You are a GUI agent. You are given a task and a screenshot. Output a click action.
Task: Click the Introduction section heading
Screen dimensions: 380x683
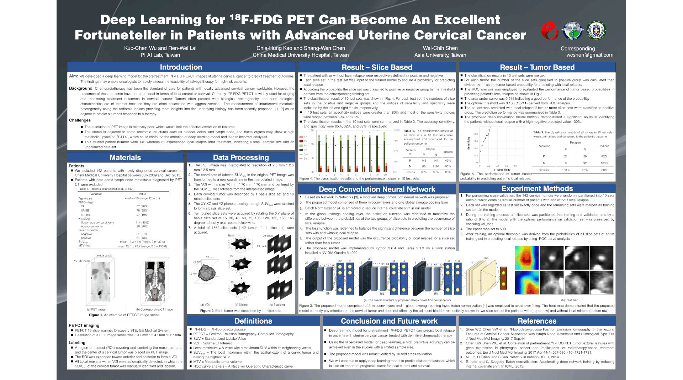click(x=181, y=67)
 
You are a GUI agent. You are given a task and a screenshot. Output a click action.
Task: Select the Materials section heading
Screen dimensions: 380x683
click(x=125, y=157)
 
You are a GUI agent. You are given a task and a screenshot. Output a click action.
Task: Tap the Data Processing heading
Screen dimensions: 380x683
click(x=241, y=157)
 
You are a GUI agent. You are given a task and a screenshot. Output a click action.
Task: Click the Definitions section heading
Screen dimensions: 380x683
click(x=253, y=321)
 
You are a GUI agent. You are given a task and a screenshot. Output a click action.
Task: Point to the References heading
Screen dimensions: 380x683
click(x=537, y=321)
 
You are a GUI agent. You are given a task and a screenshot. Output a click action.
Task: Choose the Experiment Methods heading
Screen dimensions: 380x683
click(x=537, y=188)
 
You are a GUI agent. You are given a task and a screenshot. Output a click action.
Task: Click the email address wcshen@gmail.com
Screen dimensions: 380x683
click(x=590, y=55)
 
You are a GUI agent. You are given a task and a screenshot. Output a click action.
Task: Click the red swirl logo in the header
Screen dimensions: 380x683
click(x=549, y=31)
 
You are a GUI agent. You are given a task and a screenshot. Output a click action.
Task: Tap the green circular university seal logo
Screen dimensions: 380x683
click(x=596, y=30)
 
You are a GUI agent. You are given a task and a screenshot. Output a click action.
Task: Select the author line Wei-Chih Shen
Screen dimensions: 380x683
click(x=440, y=48)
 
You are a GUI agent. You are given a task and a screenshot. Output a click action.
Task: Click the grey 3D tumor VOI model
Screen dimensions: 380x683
click(x=207, y=273)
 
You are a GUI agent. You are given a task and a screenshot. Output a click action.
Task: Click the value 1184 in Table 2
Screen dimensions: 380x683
click(x=436, y=166)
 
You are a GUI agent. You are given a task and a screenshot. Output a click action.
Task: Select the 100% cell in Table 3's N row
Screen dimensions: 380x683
click(x=604, y=163)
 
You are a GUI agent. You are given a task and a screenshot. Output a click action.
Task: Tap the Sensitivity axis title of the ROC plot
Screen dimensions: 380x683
click(x=468, y=143)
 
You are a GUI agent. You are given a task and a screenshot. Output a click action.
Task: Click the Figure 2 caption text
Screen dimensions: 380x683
click(x=241, y=311)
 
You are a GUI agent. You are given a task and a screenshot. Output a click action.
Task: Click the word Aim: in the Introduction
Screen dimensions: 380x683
click(x=74, y=76)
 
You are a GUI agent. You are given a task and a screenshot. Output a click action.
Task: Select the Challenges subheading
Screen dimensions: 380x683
click(x=80, y=120)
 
